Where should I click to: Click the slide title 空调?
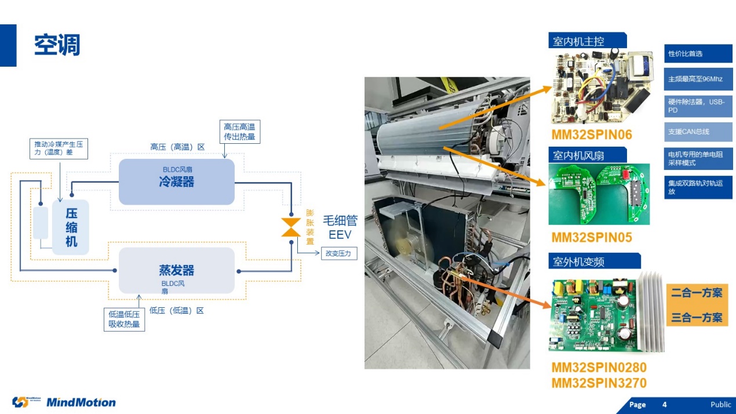(x=57, y=45)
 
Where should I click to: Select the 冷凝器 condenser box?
(x=176, y=181)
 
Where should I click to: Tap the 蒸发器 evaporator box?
(x=176, y=270)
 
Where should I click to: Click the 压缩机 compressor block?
(x=71, y=227)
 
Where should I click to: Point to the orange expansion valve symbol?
(x=290, y=227)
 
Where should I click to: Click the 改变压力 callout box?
(x=339, y=253)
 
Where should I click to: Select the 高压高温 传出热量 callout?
(x=239, y=132)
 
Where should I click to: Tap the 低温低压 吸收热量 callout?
(x=124, y=319)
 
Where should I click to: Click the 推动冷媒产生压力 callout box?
(x=59, y=148)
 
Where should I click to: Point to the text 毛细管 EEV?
(x=340, y=227)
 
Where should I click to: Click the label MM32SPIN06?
(x=591, y=135)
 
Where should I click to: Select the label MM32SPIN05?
(x=591, y=237)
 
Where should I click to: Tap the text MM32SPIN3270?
(x=599, y=383)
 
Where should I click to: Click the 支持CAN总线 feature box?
(x=698, y=132)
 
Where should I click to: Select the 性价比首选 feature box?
(x=698, y=54)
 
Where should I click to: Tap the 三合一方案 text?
(x=697, y=318)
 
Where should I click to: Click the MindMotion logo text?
(x=81, y=402)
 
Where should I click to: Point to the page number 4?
(x=664, y=405)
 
